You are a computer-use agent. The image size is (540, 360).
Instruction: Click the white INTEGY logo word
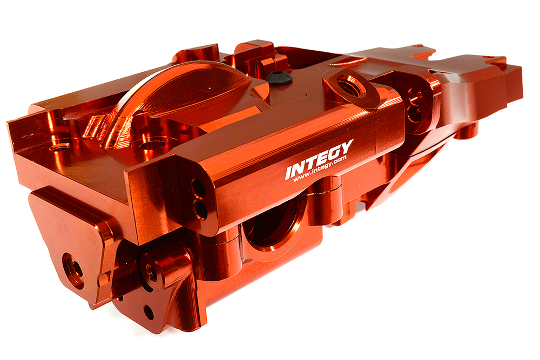(319, 159)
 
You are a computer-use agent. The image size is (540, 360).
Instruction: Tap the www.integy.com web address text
(322, 172)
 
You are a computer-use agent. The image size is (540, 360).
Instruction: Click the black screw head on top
(279, 77)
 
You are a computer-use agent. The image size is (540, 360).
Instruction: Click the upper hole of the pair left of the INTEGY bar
(198, 188)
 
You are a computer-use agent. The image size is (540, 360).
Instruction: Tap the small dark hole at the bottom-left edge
(148, 311)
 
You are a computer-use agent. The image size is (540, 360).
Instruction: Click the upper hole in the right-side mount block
(414, 98)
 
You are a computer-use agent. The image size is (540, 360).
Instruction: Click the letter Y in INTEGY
(347, 147)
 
